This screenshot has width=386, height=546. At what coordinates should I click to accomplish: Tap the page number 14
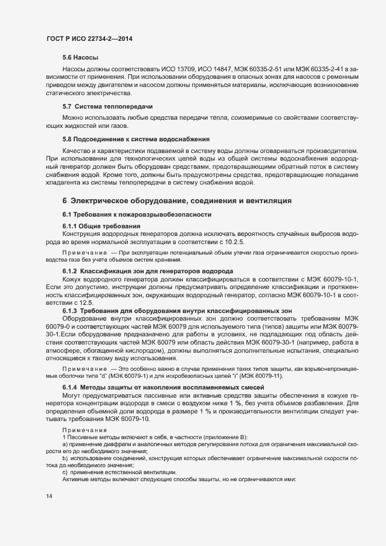coord(49,496)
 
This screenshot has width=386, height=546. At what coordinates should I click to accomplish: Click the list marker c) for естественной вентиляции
coord(65,471)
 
